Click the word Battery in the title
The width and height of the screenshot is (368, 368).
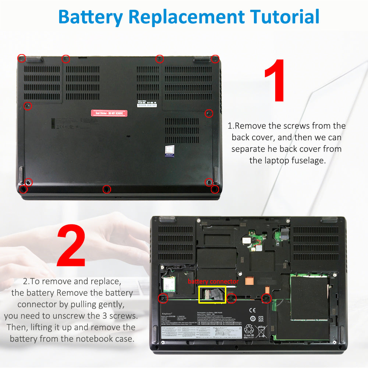(90, 17)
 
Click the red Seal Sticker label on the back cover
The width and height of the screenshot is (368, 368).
(109, 113)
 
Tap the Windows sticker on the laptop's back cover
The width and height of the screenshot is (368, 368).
(169, 151)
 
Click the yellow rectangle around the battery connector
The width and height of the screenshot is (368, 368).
(212, 295)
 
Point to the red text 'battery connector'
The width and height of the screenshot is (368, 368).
(213, 282)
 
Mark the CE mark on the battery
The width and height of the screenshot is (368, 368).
(252, 310)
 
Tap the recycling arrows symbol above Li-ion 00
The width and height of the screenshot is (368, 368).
(249, 329)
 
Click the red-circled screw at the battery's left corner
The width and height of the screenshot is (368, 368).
(162, 298)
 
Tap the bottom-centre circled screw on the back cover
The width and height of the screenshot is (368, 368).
(107, 189)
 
